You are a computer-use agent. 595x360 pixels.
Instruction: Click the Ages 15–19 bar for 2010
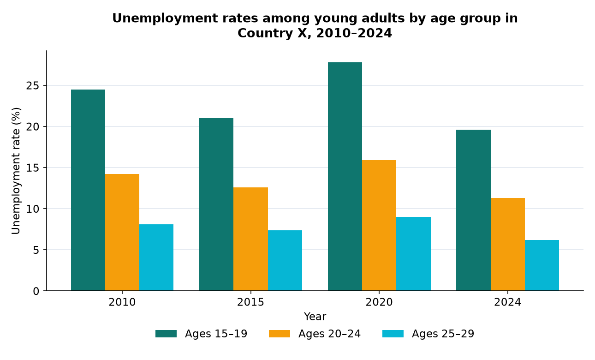(88, 190)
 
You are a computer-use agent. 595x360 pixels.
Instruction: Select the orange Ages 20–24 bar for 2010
(122, 232)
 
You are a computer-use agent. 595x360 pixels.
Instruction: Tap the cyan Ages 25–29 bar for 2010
(156, 258)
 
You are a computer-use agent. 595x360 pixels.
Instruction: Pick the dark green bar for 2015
(216, 204)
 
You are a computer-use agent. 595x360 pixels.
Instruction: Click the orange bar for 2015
(251, 239)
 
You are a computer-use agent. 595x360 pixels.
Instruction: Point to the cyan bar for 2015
(285, 261)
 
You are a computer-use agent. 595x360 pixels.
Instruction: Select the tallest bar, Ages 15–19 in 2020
(345, 177)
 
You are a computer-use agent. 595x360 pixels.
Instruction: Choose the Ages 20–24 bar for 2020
(379, 226)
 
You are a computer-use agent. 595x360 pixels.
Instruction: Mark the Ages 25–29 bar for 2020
(414, 254)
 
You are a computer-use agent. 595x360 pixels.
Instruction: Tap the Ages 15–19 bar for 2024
(473, 210)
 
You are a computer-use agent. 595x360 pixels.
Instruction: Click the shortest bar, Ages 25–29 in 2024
(542, 265)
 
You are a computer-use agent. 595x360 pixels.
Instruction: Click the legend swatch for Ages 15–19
(166, 334)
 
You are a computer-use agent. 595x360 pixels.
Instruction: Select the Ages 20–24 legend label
(329, 334)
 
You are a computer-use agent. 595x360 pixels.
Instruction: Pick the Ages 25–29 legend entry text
(443, 334)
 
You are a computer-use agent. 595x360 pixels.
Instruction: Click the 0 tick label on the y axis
(36, 291)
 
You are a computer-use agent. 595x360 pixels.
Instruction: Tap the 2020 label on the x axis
(379, 302)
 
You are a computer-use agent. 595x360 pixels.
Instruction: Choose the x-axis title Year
(315, 317)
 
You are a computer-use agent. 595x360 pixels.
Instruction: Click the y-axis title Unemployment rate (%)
(16, 171)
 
